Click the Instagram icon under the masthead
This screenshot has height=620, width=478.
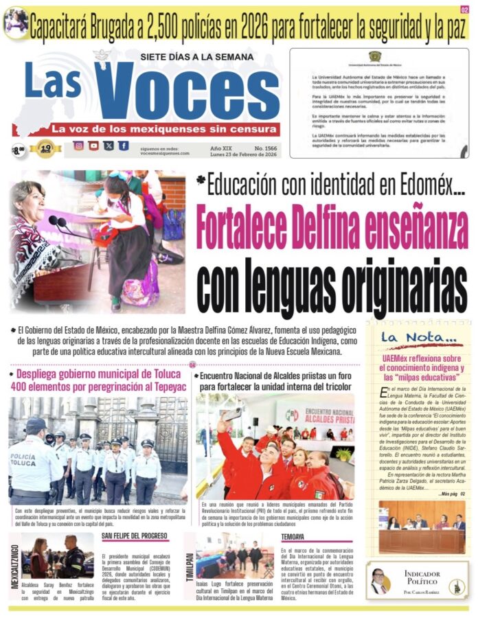(x=78, y=146)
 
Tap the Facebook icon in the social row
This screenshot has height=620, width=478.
(x=123, y=146)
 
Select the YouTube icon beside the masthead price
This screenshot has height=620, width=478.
(x=93, y=146)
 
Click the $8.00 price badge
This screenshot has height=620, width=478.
(x=19, y=149)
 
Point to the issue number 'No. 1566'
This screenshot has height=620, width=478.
(x=266, y=148)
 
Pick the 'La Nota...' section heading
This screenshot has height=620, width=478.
(x=418, y=337)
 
